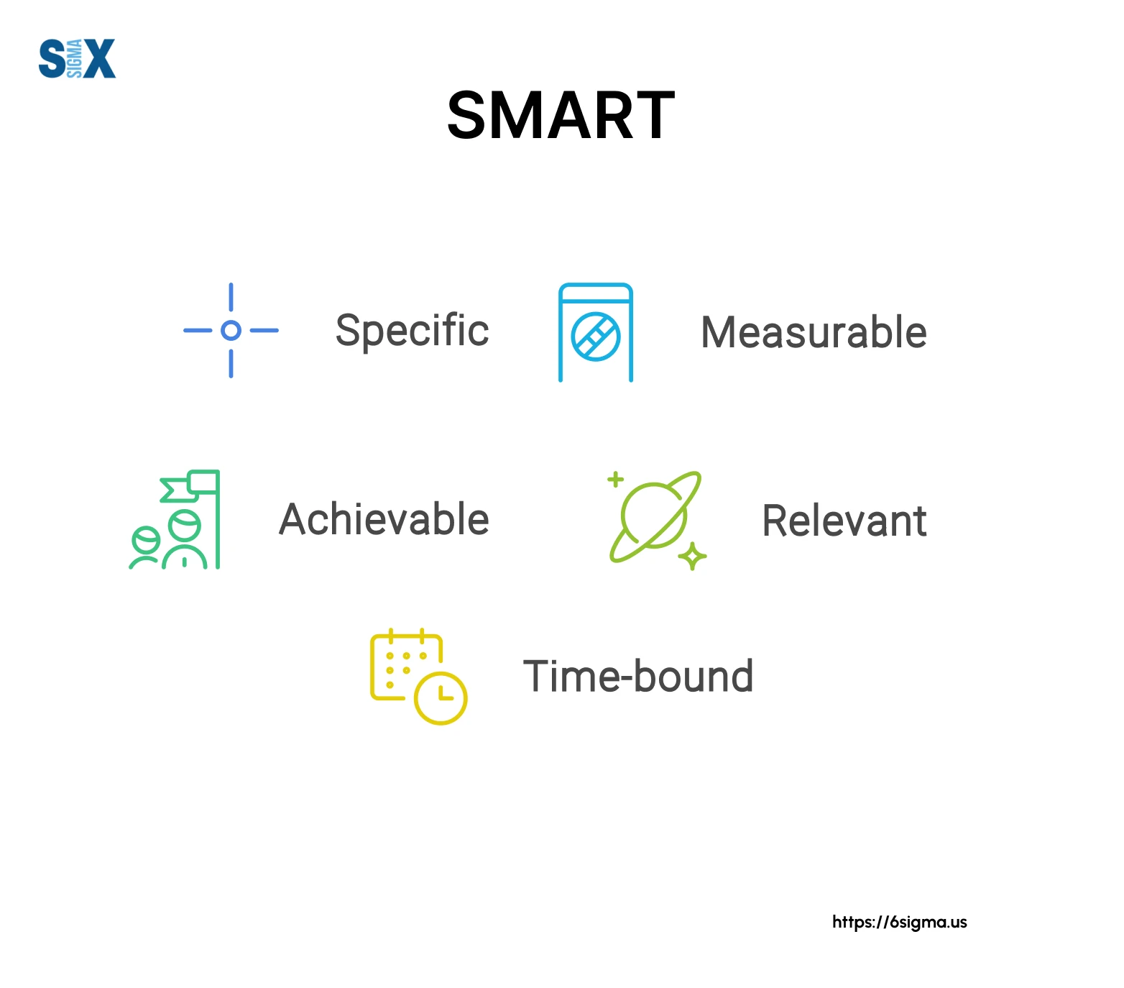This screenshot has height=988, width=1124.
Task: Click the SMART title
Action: click(x=561, y=116)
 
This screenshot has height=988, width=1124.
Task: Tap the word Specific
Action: click(x=413, y=331)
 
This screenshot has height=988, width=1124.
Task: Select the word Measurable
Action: click(x=814, y=332)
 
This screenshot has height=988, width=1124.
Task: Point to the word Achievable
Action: click(x=384, y=518)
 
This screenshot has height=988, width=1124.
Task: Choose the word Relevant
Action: click(x=844, y=521)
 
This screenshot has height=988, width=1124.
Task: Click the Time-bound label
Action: click(x=638, y=677)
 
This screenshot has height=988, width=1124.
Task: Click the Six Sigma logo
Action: click(x=77, y=58)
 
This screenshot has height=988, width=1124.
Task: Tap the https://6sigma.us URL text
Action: click(x=900, y=922)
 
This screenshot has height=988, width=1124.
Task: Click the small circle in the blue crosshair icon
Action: click(x=231, y=331)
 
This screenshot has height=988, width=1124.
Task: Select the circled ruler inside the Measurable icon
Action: click(x=596, y=337)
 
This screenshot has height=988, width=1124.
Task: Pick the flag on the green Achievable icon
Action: click(x=190, y=486)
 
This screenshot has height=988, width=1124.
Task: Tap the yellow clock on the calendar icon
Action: click(x=441, y=697)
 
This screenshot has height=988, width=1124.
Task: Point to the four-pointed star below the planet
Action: click(x=693, y=556)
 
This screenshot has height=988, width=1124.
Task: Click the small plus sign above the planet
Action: click(x=616, y=479)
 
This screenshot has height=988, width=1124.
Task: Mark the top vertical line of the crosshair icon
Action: click(x=231, y=297)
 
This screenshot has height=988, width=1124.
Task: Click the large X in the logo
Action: click(x=99, y=58)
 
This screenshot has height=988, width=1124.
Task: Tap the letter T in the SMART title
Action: click(x=651, y=116)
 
